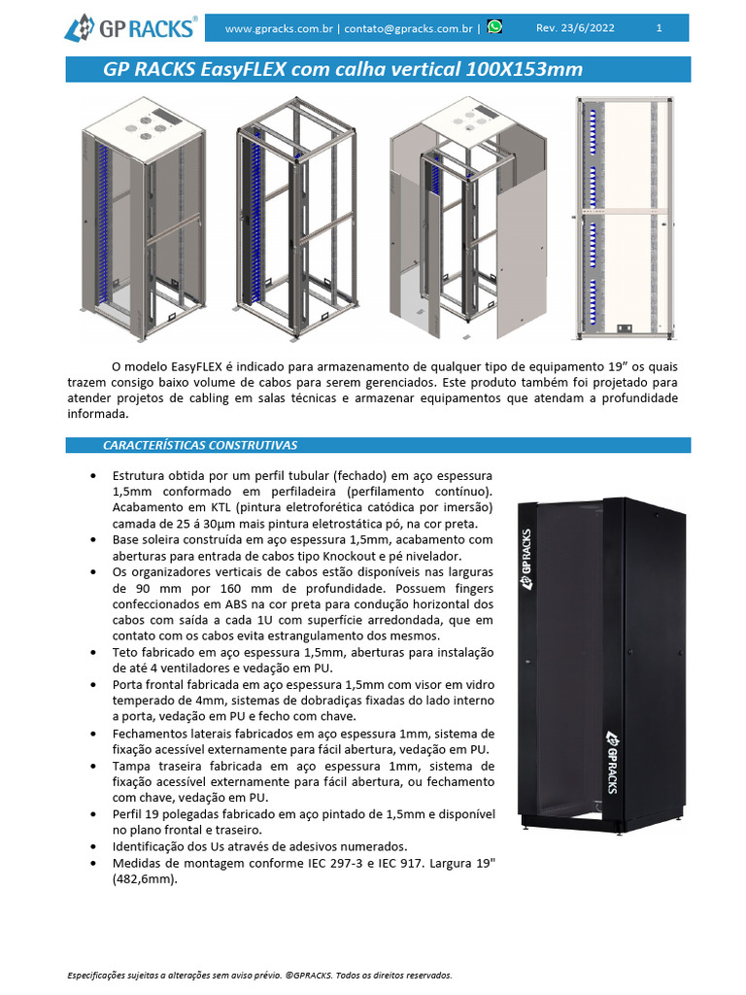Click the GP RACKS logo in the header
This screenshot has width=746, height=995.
pos(131,27)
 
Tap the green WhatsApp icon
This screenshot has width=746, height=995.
pos(495,27)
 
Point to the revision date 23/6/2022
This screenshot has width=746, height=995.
pos(588,28)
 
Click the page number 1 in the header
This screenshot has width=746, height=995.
pos(660,28)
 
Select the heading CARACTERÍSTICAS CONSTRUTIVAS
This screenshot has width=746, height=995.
pos(200,445)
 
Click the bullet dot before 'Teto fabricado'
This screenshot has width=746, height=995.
pos(91,651)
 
